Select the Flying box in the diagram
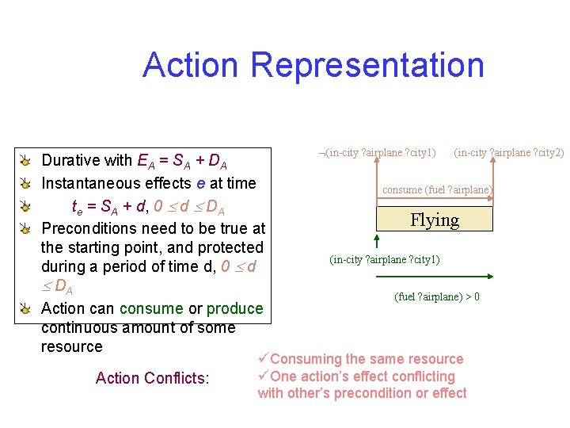(434, 220)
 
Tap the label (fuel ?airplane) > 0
(436, 297)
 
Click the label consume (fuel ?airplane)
(438, 189)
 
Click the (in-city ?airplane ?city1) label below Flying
(385, 259)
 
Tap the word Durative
(71, 161)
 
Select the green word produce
(234, 308)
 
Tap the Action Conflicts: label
(152, 378)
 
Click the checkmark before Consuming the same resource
(264, 359)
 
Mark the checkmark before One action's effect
(264, 376)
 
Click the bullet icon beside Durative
(26, 161)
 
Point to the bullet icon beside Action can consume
(26, 308)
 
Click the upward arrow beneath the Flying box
(377, 239)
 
